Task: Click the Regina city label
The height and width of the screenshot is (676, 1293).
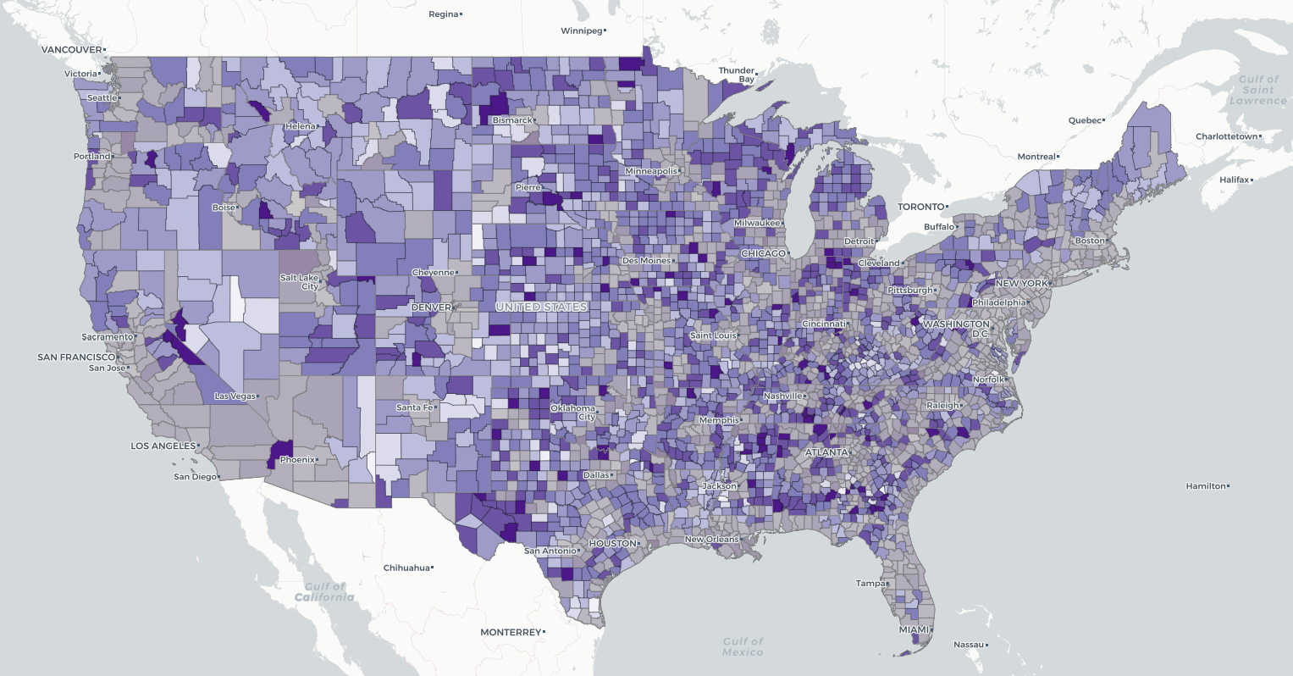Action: click(443, 14)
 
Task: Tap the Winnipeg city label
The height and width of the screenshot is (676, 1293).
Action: click(582, 31)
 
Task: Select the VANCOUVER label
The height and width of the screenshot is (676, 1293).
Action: click(71, 50)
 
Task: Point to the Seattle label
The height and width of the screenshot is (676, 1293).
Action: click(102, 98)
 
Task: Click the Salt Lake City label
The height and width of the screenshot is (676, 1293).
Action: click(300, 282)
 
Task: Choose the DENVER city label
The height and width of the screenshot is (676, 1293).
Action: click(431, 308)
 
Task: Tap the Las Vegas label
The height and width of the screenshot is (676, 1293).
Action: click(235, 396)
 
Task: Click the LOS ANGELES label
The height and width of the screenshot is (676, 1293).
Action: click(163, 446)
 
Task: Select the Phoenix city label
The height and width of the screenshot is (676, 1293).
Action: click(296, 460)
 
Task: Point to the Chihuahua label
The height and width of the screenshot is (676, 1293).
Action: click(406, 568)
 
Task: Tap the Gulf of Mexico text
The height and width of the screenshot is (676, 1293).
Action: click(743, 646)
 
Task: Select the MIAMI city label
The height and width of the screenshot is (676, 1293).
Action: click(914, 630)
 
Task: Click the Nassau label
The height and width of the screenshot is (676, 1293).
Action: click(969, 646)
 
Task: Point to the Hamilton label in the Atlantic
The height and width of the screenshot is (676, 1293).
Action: click(1206, 486)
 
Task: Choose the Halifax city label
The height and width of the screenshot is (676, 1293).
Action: click(1235, 180)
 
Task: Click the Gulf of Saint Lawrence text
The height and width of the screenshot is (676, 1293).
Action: click(1257, 90)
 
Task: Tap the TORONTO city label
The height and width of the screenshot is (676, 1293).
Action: click(920, 207)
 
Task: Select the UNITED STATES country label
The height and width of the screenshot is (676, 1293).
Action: click(541, 307)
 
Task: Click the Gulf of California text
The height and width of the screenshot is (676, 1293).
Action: click(324, 591)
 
